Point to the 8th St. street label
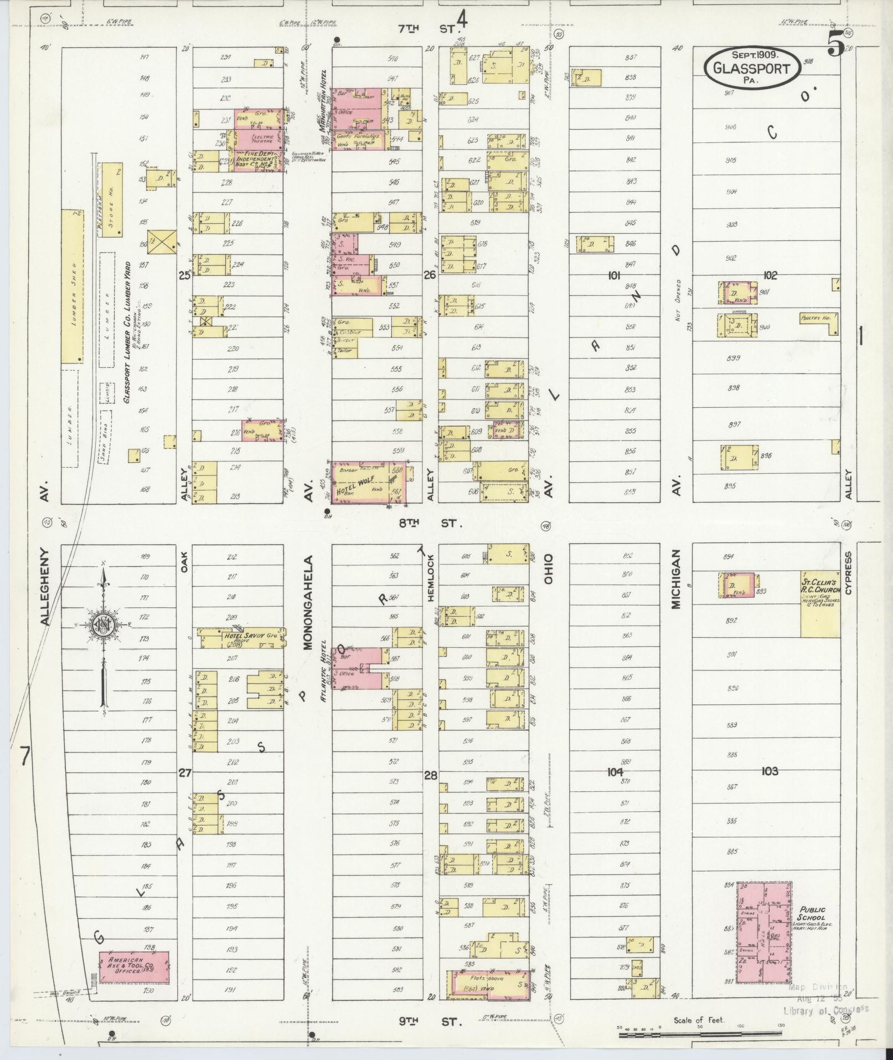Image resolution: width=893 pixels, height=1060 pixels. coord(435,523)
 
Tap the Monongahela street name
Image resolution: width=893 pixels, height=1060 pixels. coord(308,602)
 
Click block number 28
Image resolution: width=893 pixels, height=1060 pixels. coord(430,775)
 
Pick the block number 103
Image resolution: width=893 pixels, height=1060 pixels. coord(769,771)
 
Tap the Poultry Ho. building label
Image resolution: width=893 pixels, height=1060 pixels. coord(813,319)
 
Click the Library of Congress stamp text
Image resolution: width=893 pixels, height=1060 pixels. coord(826,1010)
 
